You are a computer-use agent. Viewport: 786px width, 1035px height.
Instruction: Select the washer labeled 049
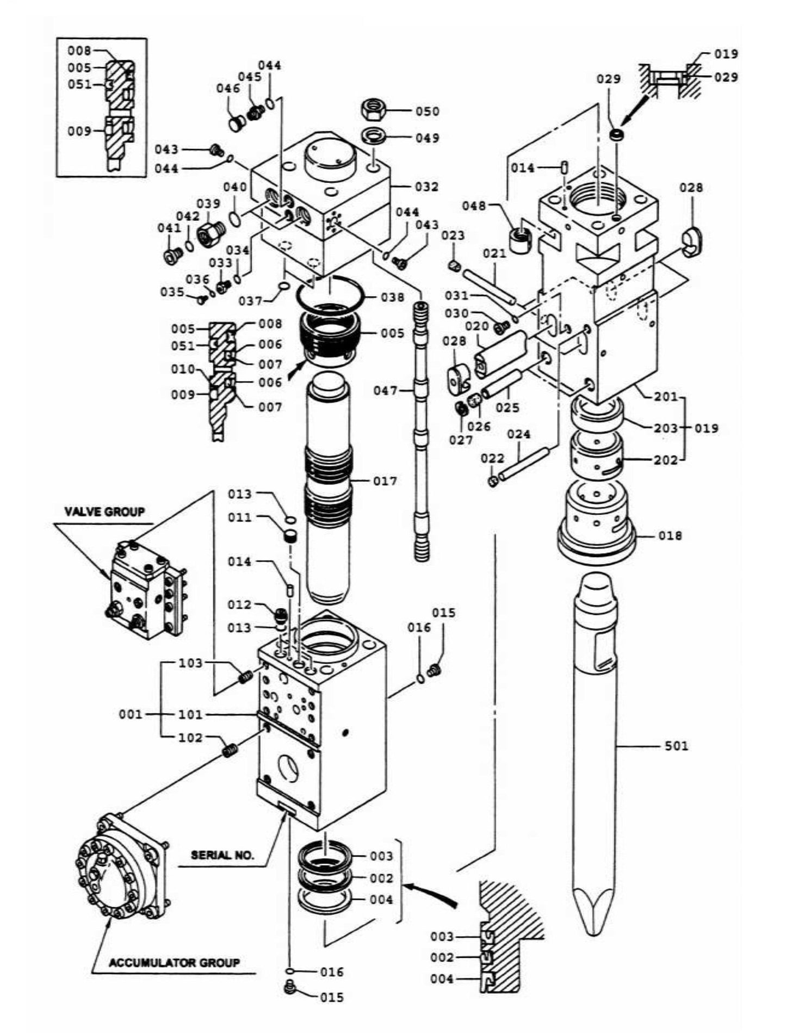click(375, 136)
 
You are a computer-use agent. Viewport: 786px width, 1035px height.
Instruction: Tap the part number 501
click(676, 745)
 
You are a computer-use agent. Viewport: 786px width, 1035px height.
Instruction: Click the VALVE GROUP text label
click(104, 512)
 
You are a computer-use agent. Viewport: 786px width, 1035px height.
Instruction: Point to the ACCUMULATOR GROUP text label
click(174, 963)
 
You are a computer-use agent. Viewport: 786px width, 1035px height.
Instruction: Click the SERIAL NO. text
click(222, 855)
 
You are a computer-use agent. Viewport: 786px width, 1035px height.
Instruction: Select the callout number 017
click(385, 481)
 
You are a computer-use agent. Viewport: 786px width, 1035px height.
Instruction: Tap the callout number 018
click(670, 535)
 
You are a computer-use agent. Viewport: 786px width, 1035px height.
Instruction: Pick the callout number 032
click(426, 186)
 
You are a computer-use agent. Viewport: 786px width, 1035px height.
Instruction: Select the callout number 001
click(130, 714)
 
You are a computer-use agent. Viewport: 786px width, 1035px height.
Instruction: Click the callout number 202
click(666, 460)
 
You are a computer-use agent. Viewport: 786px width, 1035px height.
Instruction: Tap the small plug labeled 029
click(616, 135)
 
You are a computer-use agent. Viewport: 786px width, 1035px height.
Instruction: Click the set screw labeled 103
click(246, 677)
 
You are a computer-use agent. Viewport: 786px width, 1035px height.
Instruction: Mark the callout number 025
click(507, 407)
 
